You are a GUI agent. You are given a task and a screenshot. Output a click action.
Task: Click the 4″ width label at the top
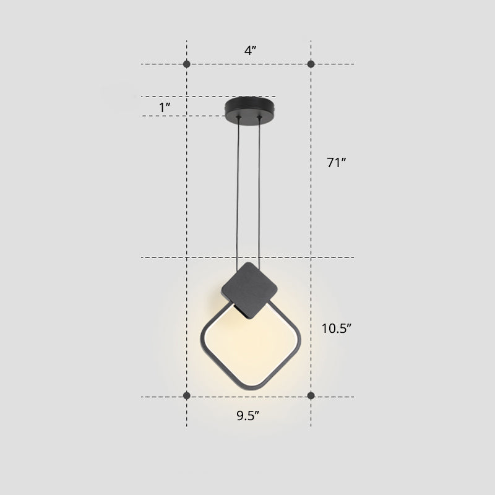pyautogui.click(x=250, y=51)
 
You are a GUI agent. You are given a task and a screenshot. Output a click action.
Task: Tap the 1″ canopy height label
pyautogui.click(x=165, y=107)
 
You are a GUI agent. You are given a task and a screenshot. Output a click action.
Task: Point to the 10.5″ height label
pyautogui.click(x=337, y=329)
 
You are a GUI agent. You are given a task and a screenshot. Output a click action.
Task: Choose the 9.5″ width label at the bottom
pyautogui.click(x=247, y=415)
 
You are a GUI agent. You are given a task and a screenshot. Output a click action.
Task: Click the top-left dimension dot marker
pyautogui.click(x=187, y=64)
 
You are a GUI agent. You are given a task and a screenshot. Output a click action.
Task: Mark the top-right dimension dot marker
pyautogui.click(x=311, y=64)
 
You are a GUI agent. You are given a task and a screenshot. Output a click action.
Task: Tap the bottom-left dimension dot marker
pyautogui.click(x=187, y=395)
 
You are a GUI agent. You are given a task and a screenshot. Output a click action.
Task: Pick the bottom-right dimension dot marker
pyautogui.click(x=311, y=395)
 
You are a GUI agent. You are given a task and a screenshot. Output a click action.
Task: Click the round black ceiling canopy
pyautogui.click(x=250, y=106)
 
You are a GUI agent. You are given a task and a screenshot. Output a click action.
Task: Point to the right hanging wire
pyautogui.click(x=262, y=186)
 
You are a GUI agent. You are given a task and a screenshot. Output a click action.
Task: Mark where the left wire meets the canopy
pyautogui.click(x=240, y=117)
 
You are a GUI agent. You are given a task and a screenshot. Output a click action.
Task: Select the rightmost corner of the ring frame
pyautogui.click(x=299, y=340)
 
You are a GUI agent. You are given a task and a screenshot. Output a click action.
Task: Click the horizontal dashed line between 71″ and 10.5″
pyautogui.click(x=247, y=257)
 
